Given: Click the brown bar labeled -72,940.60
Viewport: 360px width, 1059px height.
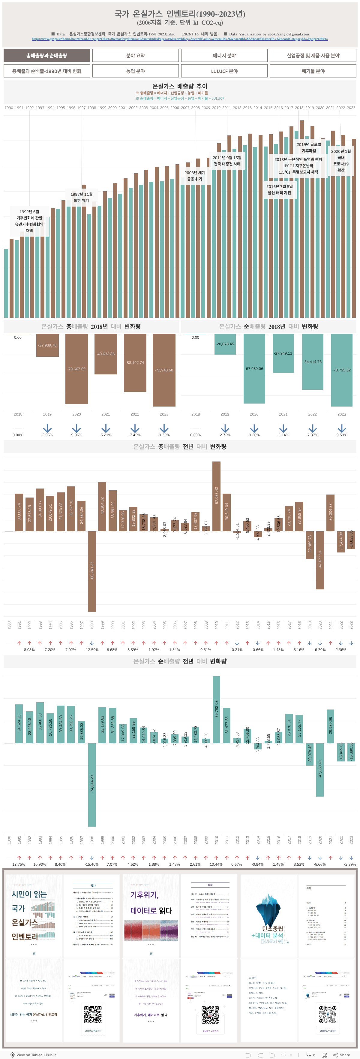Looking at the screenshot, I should pyautogui.click(x=164, y=370).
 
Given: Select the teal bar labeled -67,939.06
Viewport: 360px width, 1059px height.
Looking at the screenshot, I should pyautogui.click(x=254, y=368).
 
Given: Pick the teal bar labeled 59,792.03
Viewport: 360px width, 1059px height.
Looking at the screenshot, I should pyautogui.click(x=216, y=709).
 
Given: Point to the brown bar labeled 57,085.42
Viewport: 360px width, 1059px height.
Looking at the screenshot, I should pyautogui.click(x=216, y=496).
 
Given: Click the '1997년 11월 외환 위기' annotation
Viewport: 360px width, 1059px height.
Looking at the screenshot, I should pyautogui.click(x=81, y=197).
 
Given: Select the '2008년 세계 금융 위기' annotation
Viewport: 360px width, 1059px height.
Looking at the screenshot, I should pyautogui.click(x=195, y=176).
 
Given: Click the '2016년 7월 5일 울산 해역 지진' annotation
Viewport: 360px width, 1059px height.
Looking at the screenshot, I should pyautogui.click(x=280, y=189).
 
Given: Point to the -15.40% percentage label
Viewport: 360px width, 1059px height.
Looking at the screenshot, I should pyautogui.click(x=91, y=864).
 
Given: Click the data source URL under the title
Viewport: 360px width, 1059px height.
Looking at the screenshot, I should pyautogui.click(x=180, y=39).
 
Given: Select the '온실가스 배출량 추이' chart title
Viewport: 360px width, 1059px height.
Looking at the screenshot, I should pyautogui.click(x=180, y=86).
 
